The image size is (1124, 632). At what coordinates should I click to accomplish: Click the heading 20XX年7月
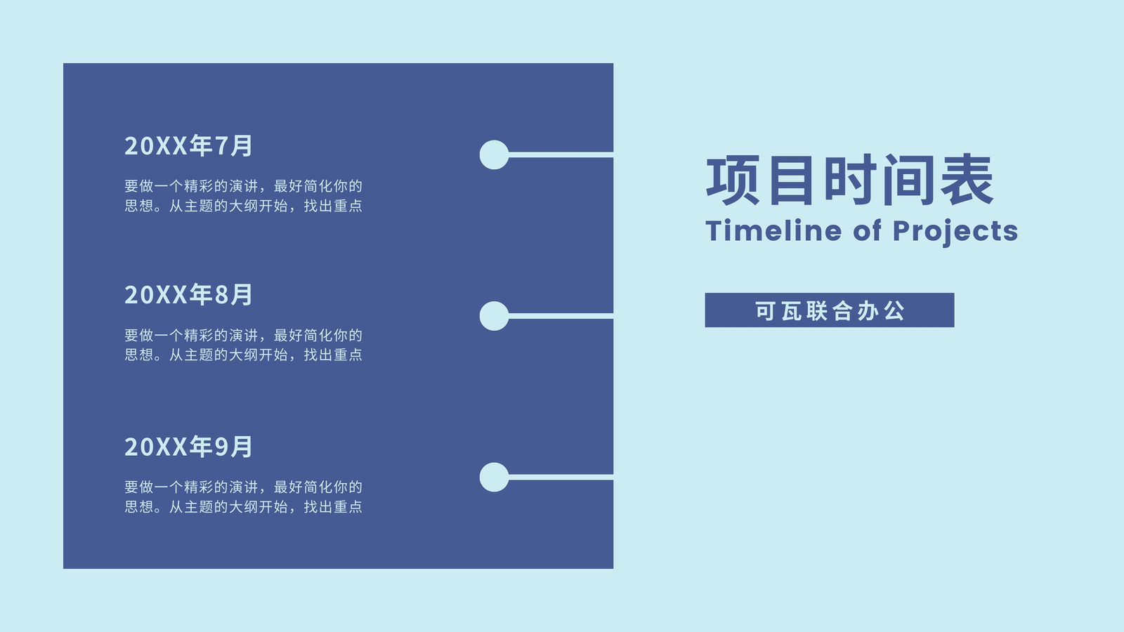point(188,145)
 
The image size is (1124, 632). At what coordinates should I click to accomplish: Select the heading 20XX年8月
point(188,294)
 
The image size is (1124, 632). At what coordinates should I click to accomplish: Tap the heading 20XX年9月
point(188,447)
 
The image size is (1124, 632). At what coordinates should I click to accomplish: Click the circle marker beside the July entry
point(495,154)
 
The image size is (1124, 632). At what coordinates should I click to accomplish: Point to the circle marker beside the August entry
point(495,316)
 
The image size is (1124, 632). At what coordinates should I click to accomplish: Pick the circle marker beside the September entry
point(495,477)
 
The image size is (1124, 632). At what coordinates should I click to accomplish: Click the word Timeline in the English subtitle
point(773,231)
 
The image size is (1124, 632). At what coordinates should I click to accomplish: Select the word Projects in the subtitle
point(955,232)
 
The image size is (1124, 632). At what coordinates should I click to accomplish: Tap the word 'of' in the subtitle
point(867,231)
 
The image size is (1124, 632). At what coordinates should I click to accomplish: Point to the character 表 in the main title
point(967,180)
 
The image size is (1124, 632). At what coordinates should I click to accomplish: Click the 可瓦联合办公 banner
point(830,310)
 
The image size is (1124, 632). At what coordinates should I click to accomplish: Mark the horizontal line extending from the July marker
point(561,154)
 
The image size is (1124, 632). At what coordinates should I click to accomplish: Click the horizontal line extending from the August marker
point(561,316)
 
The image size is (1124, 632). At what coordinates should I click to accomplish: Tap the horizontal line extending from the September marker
point(561,477)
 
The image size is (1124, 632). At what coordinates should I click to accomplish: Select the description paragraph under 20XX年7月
point(243,196)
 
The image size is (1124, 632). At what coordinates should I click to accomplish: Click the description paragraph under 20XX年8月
point(243,345)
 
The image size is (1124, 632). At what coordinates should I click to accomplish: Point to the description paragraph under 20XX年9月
point(243,497)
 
